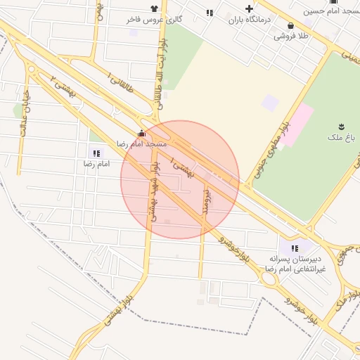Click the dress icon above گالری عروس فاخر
tap(155, 9)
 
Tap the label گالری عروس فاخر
tap(154, 20)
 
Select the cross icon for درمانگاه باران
tap(249, 9)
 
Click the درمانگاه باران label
tap(249, 20)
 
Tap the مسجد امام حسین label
tap(332, 11)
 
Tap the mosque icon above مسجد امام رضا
tap(142, 133)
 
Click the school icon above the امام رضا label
tap(96, 153)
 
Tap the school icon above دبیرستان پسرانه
tap(295, 247)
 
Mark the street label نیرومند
tap(206, 202)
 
